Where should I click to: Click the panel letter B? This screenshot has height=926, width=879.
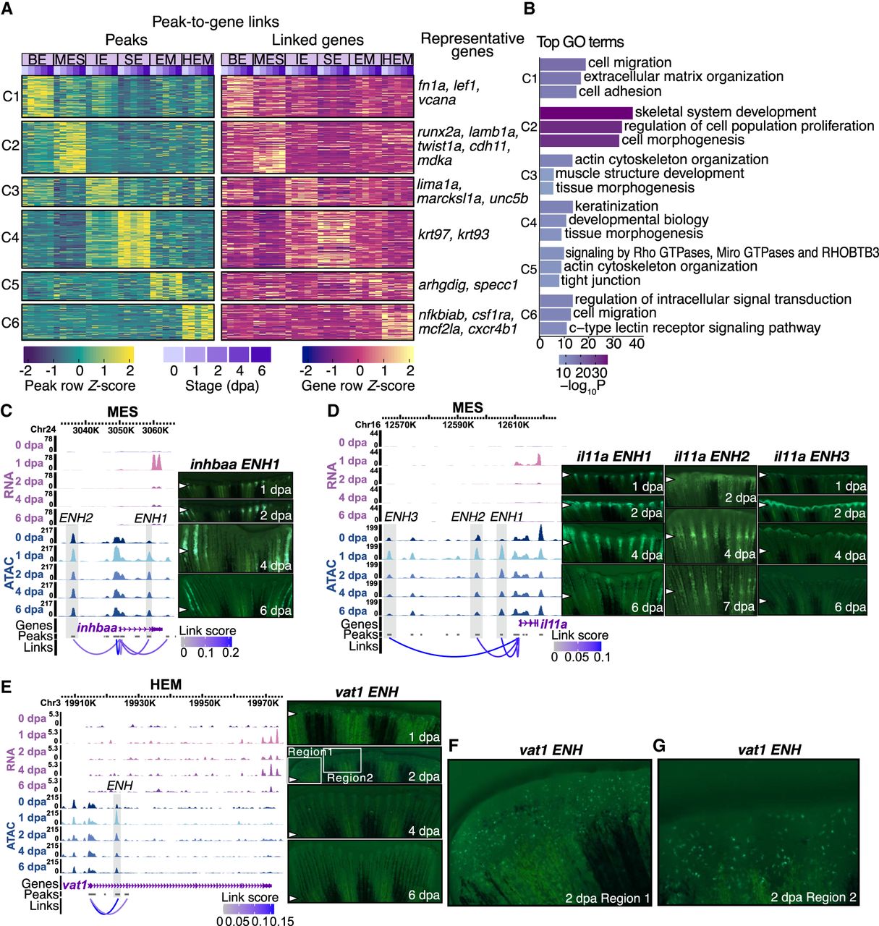tap(529, 9)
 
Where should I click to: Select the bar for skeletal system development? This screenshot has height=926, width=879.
tap(586, 113)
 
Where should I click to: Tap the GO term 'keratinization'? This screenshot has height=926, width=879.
tap(616, 206)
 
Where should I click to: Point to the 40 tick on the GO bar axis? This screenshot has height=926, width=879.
tap(637, 344)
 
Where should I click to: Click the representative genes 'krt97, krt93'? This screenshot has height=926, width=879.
tap(454, 234)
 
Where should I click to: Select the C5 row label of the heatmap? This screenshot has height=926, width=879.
tap(10, 285)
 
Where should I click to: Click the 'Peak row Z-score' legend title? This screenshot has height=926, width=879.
tap(80, 386)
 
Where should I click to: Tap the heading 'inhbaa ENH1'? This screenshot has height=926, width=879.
tap(234, 464)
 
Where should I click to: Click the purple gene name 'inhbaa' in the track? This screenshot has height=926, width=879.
tap(97, 628)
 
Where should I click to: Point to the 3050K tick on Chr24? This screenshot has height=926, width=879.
tap(121, 430)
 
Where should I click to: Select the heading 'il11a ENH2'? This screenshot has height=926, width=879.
tap(711, 456)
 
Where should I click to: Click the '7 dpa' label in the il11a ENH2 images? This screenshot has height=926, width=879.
tap(739, 606)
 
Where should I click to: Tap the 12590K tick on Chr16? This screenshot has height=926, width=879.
tap(458, 425)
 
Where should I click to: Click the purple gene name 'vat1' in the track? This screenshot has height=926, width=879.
tap(75, 885)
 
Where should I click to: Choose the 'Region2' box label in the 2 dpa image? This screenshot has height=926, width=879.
tap(349, 778)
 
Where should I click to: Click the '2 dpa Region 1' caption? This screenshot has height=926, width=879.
tap(607, 899)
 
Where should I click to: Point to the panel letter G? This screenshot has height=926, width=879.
tap(659, 746)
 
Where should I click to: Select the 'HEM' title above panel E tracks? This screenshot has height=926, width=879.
tap(166, 684)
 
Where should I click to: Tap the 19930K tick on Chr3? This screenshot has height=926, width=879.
tap(140, 702)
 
